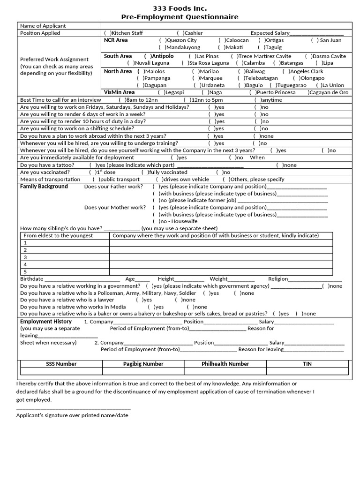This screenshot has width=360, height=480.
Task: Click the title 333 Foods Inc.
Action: [180, 8]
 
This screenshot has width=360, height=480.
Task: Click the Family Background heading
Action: [44, 187]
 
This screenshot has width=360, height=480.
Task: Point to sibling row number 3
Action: [25, 257]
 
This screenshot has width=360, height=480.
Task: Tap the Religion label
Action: [278, 279]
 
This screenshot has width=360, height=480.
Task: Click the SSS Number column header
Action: [61, 364]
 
